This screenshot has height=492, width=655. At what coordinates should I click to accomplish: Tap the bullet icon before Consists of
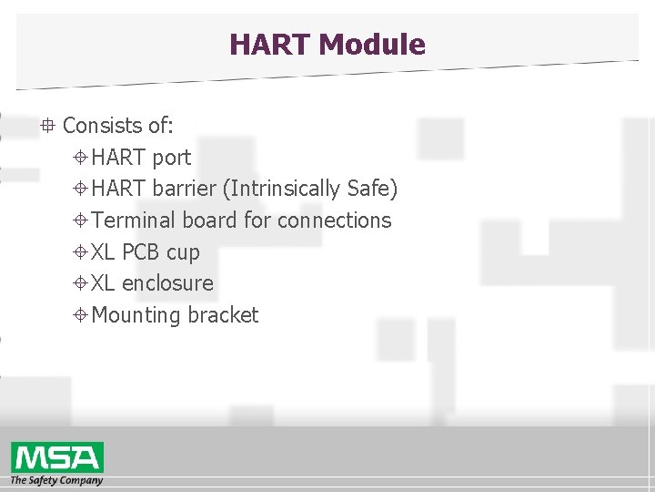tap(47, 125)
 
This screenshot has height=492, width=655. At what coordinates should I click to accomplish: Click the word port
tap(172, 158)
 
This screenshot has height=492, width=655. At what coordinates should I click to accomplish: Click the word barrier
tap(186, 189)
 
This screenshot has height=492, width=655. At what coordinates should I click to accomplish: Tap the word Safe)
tap(372, 189)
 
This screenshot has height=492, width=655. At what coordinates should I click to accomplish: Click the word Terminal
tap(135, 220)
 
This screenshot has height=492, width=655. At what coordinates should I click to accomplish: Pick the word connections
tap(334, 220)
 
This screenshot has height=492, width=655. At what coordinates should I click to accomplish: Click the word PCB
tap(141, 252)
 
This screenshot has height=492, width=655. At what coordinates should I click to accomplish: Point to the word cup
tap(183, 252)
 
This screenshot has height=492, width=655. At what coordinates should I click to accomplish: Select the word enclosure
tap(167, 283)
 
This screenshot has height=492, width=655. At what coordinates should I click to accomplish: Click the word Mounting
tap(136, 315)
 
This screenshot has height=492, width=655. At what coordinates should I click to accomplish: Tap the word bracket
tap(223, 315)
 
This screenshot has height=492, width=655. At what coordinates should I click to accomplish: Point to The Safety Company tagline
tap(56, 480)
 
